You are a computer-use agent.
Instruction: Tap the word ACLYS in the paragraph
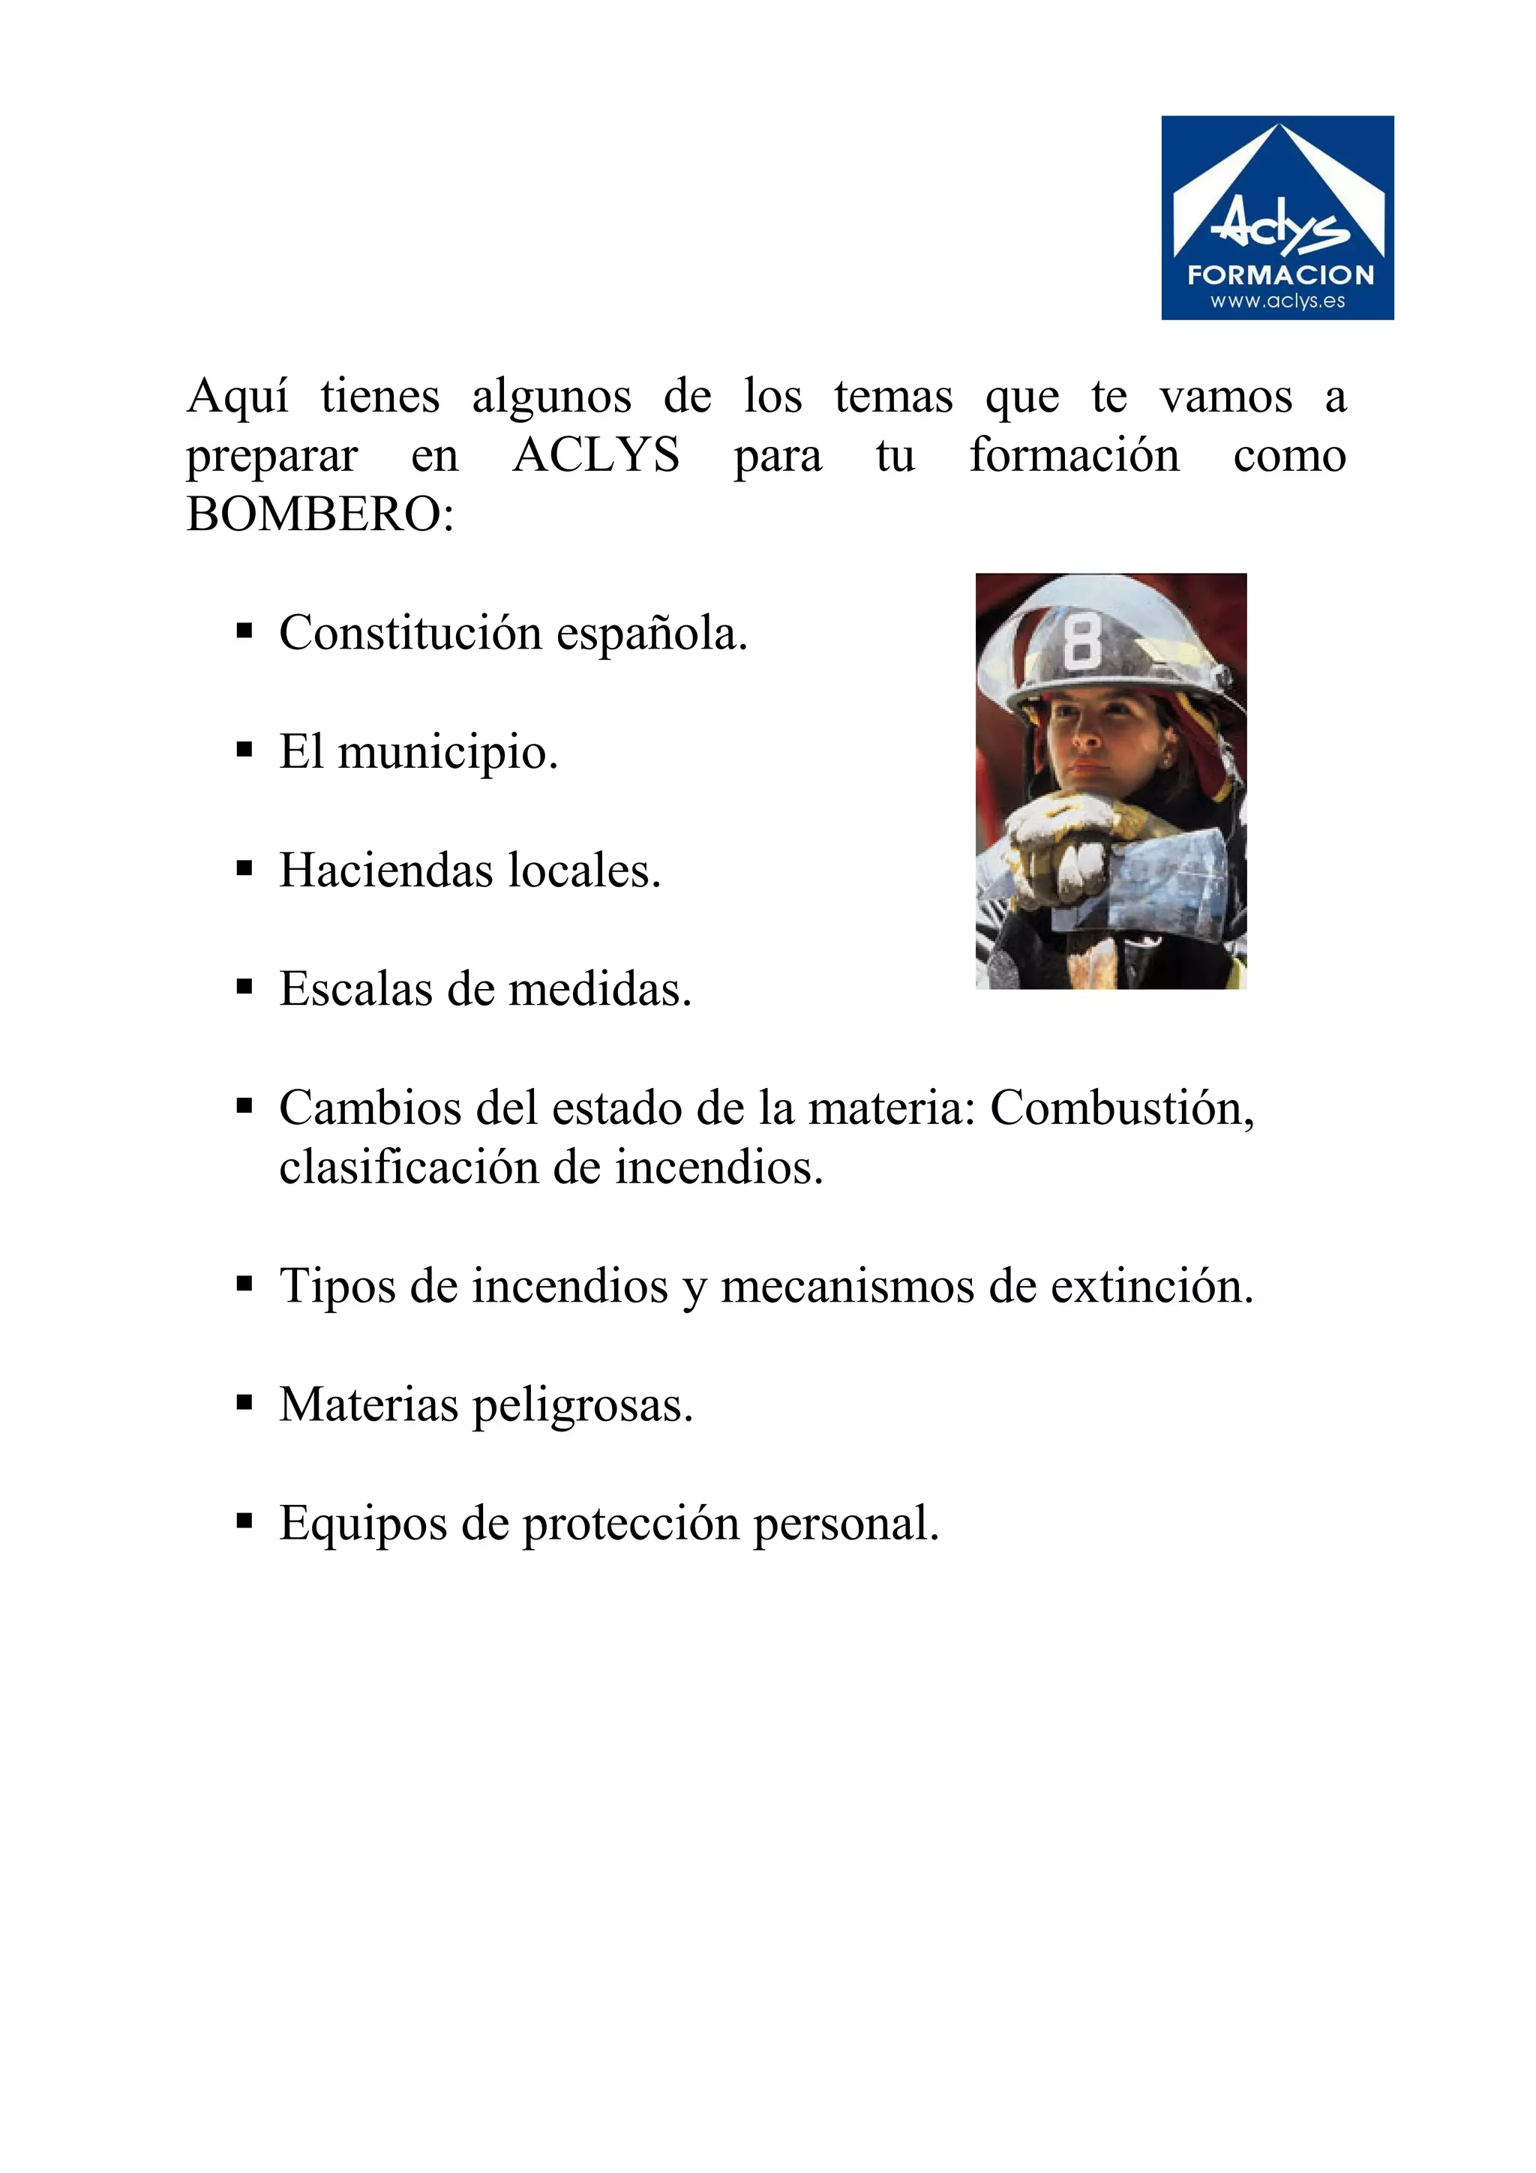coord(596,456)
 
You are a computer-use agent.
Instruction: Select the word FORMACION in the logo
coord(1280,275)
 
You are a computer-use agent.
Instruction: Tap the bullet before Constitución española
coord(244,632)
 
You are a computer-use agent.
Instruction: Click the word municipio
coord(447,754)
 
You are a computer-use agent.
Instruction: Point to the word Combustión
coord(1121,1107)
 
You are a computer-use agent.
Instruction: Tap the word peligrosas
coord(582,1405)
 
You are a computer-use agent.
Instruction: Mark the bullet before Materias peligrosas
coord(244,1404)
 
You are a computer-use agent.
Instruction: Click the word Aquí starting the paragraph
coord(238,397)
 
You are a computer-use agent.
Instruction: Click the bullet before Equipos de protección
coord(244,1522)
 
